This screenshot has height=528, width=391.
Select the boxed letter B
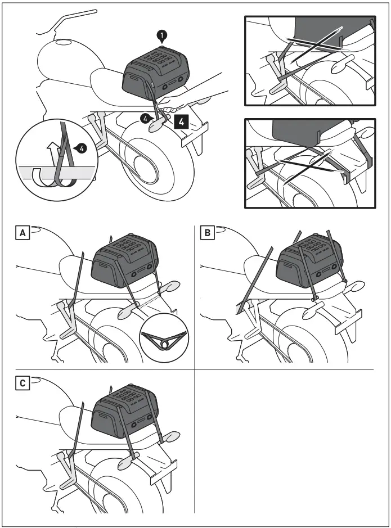coord(208,232)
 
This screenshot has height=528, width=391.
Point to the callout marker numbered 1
coord(162,37)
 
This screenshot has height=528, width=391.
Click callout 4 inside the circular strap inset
coord(83,149)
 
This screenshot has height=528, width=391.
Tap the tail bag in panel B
coord(308,259)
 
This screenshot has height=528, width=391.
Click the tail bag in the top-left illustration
coord(155,72)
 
